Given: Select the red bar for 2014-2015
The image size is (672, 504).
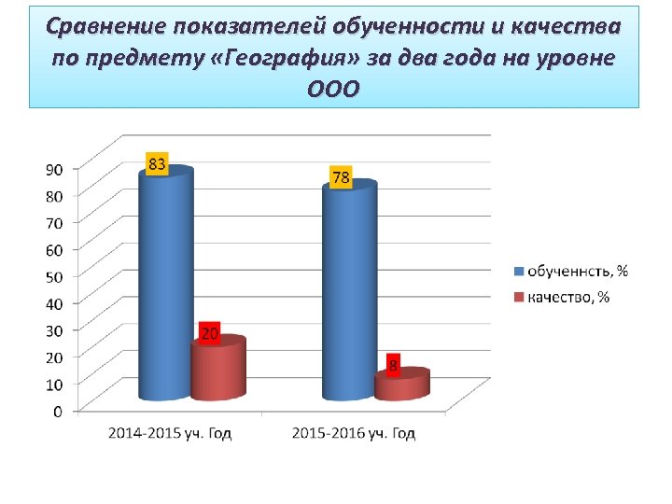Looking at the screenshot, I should (x=217, y=370).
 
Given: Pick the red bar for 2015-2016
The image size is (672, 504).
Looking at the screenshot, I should (x=401, y=385).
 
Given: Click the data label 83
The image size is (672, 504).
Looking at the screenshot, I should (x=157, y=164).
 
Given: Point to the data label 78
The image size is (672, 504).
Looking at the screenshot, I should (x=341, y=177).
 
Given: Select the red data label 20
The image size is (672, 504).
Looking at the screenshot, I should (x=210, y=333).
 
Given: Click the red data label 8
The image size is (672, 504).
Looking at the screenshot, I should (x=393, y=367).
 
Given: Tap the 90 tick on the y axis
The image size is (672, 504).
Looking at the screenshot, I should (x=55, y=169).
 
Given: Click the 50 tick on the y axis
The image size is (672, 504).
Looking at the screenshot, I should (x=55, y=276).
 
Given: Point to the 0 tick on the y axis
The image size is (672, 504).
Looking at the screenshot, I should (x=59, y=411).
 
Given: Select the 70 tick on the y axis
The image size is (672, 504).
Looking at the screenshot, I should (x=55, y=223).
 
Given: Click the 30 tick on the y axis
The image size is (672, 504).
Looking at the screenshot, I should (x=55, y=329).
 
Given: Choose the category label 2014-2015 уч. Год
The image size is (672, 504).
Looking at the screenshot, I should (x=170, y=433).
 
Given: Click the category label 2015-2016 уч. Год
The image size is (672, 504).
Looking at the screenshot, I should (x=354, y=433).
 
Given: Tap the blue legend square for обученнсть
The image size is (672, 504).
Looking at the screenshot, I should (x=519, y=272).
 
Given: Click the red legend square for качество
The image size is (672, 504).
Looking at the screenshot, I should (x=519, y=298).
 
